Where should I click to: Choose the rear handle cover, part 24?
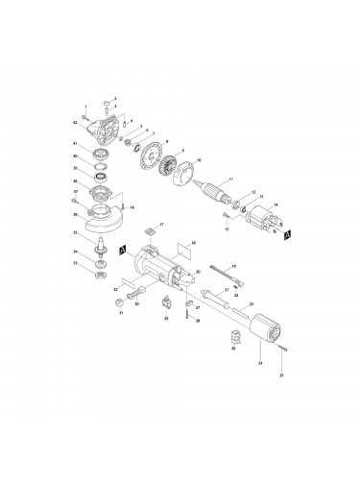point(258,336)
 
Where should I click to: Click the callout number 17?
point(162,225)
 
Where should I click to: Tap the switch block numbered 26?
point(233,337)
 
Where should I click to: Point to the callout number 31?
point(121,313)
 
